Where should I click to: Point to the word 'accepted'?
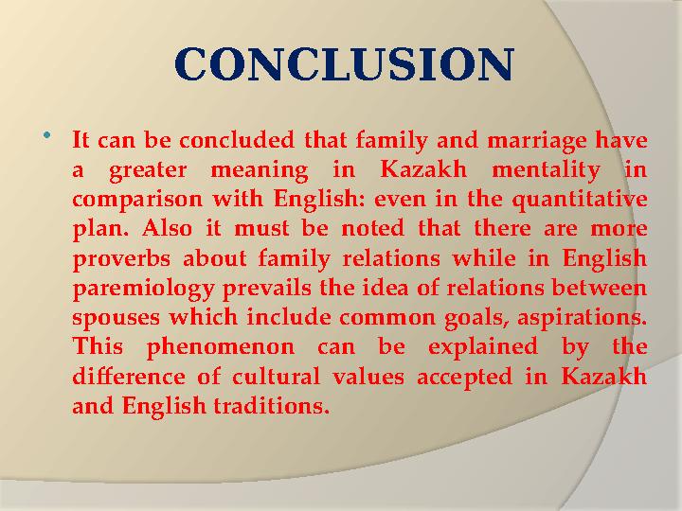click(459, 377)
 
